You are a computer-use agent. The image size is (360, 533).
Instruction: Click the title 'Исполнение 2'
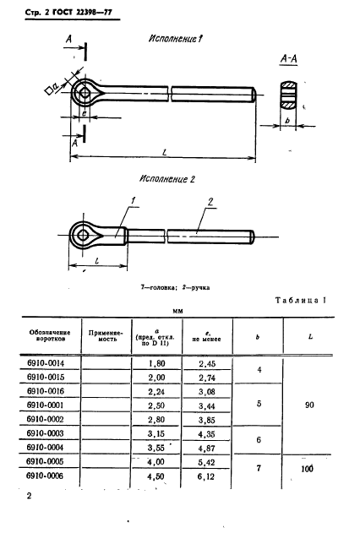166,180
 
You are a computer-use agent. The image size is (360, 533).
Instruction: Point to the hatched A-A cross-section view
288,93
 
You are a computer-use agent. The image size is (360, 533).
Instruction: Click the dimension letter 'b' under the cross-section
288,121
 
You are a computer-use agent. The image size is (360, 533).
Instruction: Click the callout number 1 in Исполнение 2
133,200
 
